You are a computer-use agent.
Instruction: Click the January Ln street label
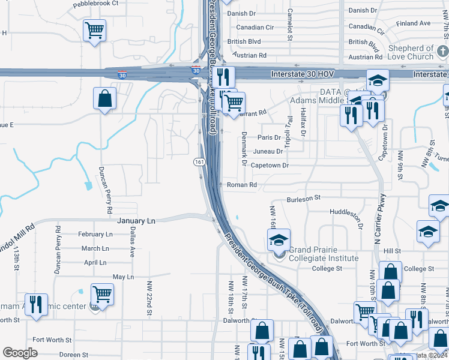pos(136,221)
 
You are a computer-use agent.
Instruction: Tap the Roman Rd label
pos(242,185)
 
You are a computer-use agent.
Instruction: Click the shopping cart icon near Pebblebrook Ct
pos(94,29)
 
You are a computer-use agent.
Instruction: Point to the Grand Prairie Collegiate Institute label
pos(324,254)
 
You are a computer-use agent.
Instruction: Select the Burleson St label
pos(304,198)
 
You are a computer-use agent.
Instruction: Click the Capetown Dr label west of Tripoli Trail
pos(270,165)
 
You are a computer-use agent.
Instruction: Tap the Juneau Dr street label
pos(268,151)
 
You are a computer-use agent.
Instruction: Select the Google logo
pos(20,352)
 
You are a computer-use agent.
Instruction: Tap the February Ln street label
pos(95,235)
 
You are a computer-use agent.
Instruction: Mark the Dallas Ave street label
pos(132,241)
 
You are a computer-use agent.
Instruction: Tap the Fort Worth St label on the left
pos(52,340)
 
